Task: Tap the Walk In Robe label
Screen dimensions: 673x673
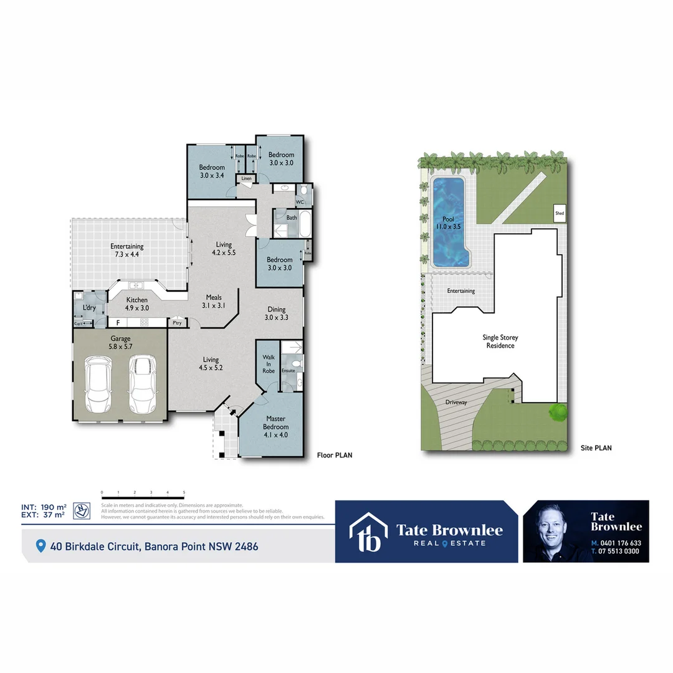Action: coord(269,362)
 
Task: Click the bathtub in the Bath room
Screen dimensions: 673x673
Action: coord(305,224)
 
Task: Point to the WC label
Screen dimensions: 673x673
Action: coord(299,202)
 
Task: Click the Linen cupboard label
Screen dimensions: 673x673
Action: coord(246,179)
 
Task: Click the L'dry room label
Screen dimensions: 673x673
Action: coord(89,308)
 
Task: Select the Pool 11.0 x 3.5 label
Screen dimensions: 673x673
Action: coord(449,223)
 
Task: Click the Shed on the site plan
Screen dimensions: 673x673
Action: coord(560,213)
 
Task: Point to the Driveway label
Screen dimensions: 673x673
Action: coord(456,402)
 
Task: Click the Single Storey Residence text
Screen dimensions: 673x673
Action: coord(500,341)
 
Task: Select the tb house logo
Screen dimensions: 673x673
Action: coord(368,532)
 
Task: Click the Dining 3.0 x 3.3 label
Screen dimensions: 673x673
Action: coord(277,313)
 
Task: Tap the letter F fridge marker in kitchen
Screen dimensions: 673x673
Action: coord(117,322)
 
